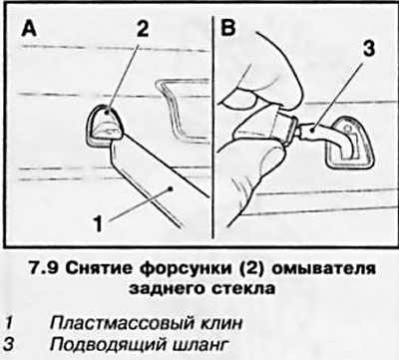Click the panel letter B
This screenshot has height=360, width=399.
click(228, 28)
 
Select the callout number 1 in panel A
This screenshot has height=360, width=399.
click(98, 223)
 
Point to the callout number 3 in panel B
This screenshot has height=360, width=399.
click(368, 48)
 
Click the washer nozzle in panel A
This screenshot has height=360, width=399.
click(106, 127)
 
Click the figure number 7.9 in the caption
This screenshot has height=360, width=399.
click(44, 268)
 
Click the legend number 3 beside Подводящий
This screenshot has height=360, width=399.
click(9, 344)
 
